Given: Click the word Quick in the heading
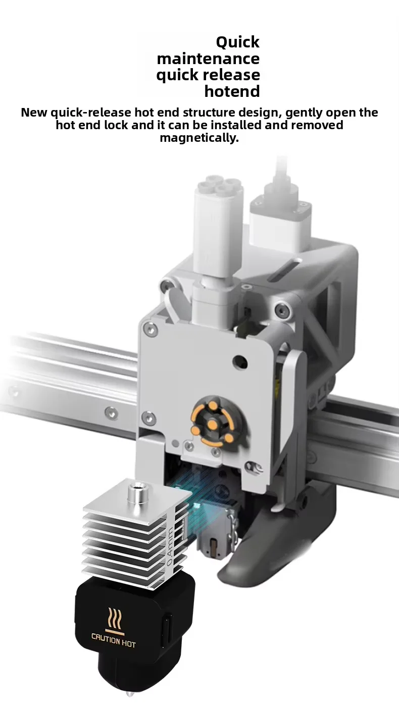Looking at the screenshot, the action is pos(237,42).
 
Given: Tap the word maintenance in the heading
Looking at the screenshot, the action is pos(209,59).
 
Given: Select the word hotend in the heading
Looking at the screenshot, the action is pos(232,91).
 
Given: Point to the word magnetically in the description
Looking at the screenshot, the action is pos(199,138).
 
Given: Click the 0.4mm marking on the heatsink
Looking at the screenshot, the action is pos(170,545).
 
